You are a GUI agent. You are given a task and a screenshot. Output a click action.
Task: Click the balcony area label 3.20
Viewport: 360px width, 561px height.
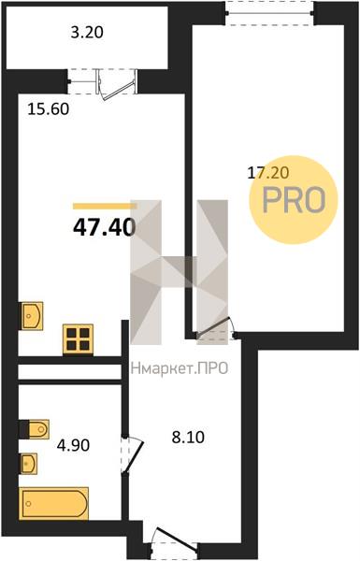[87, 33]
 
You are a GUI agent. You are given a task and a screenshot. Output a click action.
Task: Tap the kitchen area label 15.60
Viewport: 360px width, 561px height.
[49, 108]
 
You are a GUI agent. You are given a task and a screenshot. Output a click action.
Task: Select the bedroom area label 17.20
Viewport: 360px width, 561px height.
[268, 173]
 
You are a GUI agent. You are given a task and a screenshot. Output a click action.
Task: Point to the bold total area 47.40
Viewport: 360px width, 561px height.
[105, 227]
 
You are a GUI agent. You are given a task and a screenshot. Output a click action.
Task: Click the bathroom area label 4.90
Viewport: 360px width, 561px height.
[73, 445]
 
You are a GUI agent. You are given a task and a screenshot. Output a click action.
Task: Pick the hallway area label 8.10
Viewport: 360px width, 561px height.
[188, 438]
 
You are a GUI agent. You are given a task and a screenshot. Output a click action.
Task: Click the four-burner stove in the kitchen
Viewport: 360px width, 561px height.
[78, 339]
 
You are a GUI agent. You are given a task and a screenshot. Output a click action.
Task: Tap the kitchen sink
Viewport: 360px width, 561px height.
[32, 316]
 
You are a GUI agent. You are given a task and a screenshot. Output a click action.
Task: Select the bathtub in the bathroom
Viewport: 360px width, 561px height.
[53, 503]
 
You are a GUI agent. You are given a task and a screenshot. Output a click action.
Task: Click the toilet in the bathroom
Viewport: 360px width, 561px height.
[35, 429]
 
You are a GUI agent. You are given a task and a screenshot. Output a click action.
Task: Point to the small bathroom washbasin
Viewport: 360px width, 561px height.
[28, 464]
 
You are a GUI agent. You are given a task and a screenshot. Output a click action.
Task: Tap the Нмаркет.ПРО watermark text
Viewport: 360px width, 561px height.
[180, 368]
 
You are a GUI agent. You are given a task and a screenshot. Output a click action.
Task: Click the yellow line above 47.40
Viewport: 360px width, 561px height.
[105, 206]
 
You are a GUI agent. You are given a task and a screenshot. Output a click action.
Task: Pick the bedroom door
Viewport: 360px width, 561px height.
[215, 328]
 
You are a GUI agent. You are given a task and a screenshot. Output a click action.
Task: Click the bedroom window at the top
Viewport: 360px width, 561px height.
[270, 13]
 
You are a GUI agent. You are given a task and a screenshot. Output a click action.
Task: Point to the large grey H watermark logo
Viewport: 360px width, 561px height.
[180, 272]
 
